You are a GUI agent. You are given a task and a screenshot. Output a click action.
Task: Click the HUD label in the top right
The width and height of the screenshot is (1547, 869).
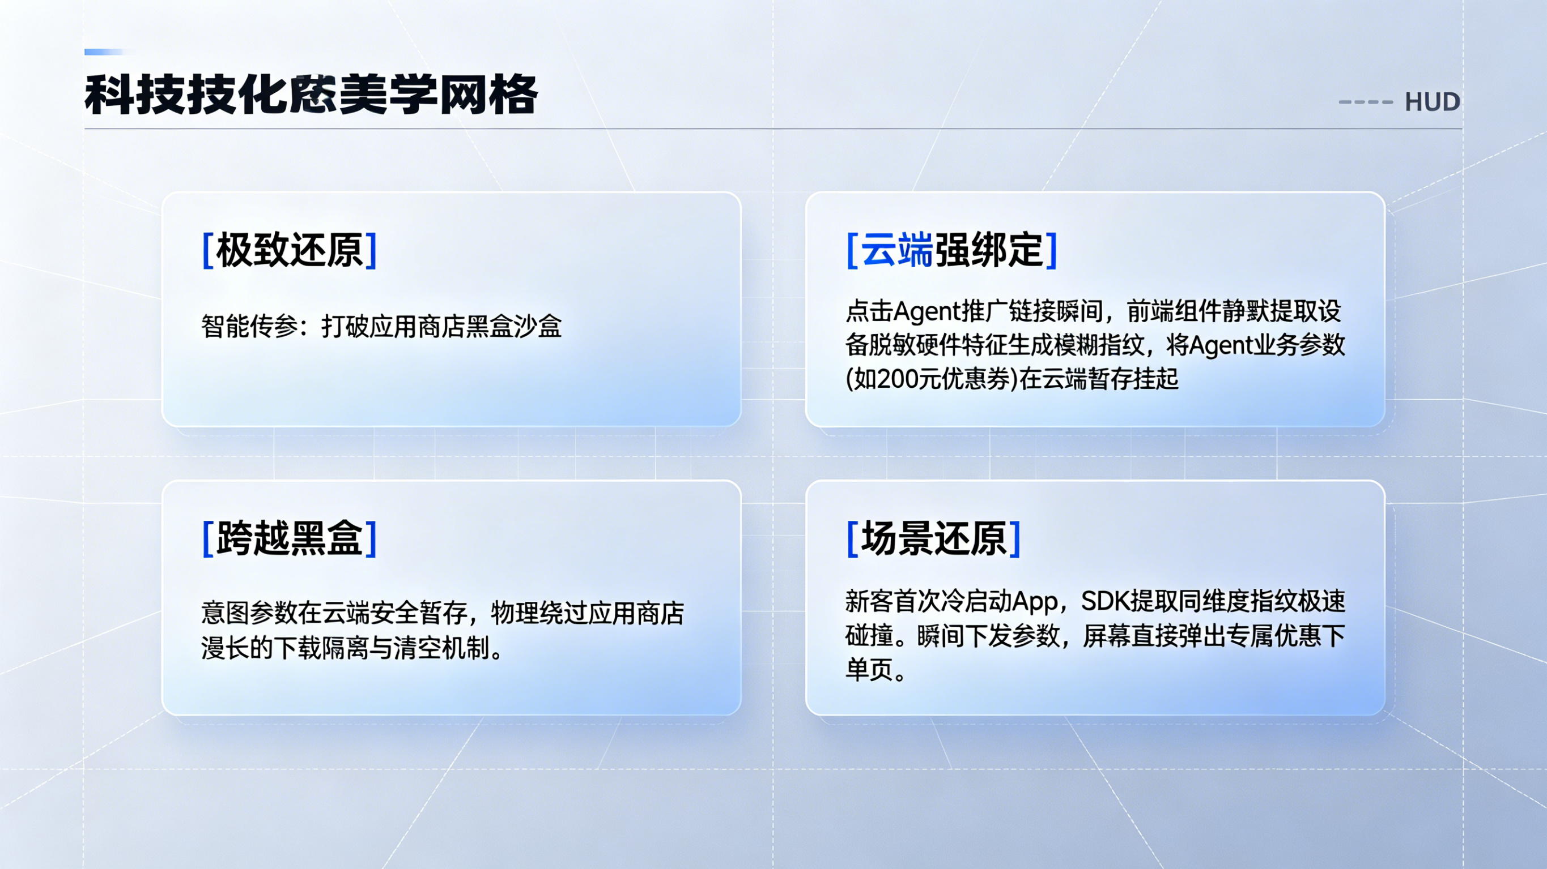(1433, 102)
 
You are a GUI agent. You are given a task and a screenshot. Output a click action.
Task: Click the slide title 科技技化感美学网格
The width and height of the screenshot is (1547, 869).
(311, 95)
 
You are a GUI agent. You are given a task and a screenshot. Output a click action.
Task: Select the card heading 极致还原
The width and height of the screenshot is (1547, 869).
(290, 250)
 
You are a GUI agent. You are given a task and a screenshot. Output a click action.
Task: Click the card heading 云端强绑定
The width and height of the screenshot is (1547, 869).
(951, 250)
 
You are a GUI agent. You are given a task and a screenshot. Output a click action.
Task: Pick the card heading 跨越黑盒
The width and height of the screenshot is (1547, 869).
(290, 538)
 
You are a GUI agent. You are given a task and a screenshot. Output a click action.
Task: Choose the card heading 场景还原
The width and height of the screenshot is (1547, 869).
(933, 538)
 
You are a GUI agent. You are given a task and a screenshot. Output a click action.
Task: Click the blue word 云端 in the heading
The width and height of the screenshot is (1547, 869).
(897, 250)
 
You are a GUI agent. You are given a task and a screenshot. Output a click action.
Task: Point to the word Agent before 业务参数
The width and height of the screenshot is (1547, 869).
(1223, 346)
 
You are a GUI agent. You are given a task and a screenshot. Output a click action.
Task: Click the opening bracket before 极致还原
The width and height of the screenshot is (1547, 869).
(208, 250)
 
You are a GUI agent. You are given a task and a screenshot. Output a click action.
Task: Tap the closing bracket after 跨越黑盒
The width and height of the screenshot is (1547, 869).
(371, 538)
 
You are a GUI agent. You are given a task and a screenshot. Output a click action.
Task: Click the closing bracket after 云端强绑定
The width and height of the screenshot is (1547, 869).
(1051, 250)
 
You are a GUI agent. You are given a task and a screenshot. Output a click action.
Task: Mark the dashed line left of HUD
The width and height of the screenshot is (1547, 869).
(1366, 102)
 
